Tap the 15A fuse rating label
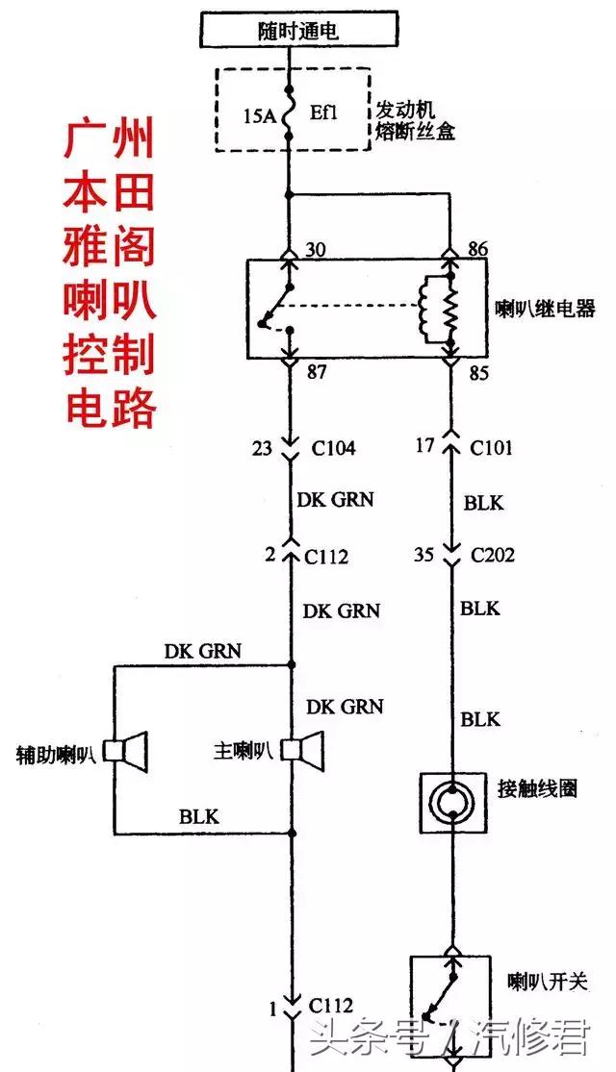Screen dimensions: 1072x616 (x=259, y=117)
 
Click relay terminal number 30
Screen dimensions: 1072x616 (x=314, y=250)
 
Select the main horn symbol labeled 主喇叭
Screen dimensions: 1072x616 (x=305, y=750)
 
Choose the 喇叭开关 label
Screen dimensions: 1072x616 (x=548, y=982)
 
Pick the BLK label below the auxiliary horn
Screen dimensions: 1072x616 (x=199, y=817)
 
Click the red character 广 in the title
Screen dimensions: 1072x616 (x=83, y=141)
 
